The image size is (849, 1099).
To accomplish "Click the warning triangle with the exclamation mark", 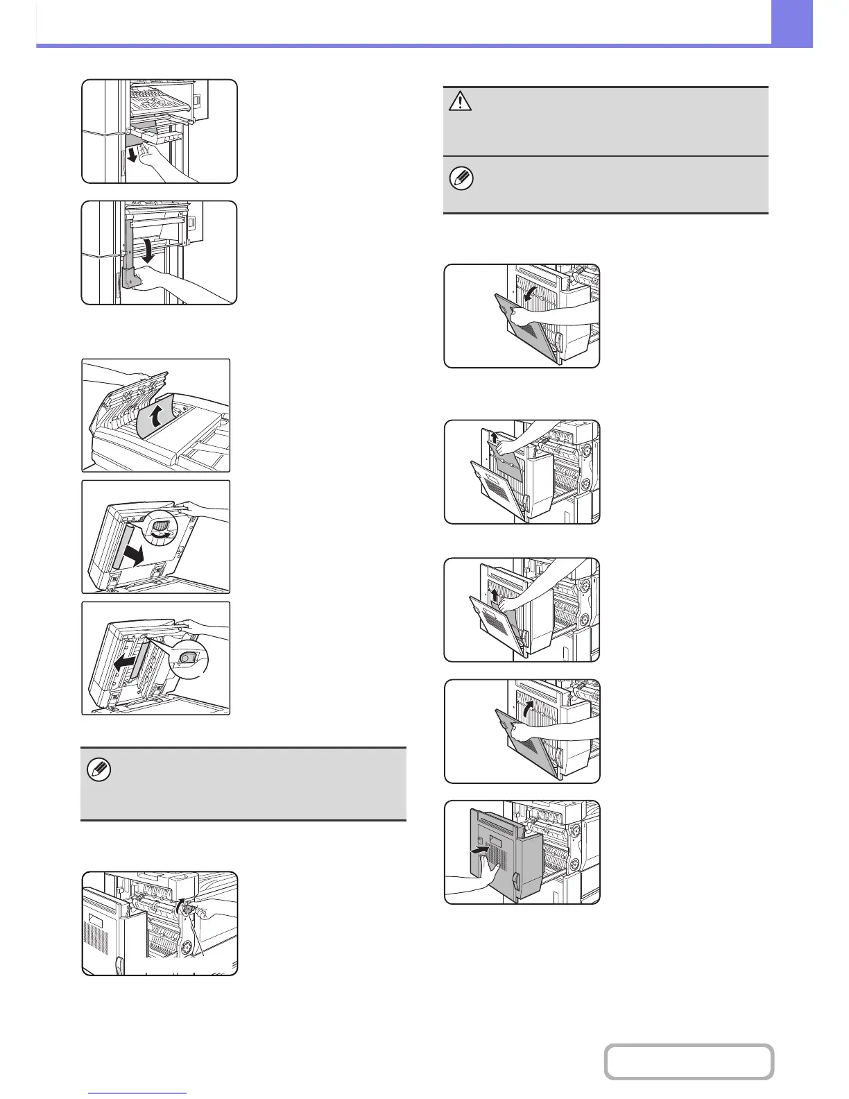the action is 460,101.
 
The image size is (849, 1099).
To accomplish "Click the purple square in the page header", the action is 791,23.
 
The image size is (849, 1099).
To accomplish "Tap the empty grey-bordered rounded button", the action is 688,1062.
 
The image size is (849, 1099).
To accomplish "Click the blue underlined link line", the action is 138,1093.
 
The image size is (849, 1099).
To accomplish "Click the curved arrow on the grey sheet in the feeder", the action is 159,417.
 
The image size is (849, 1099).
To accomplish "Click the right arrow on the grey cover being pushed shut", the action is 479,848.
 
